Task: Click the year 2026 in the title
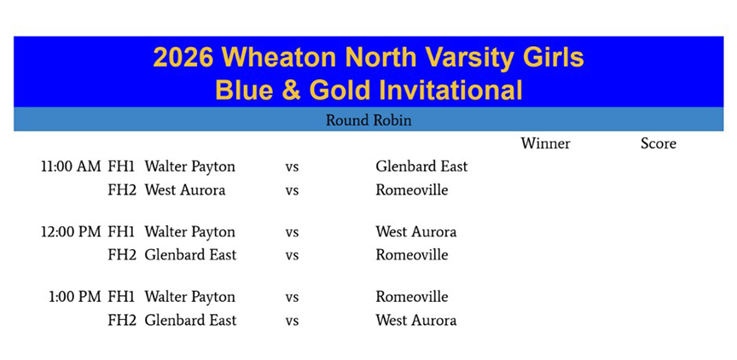point(183,57)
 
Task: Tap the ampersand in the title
point(291,90)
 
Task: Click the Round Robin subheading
point(368,120)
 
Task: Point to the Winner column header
point(545,143)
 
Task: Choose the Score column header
point(659,143)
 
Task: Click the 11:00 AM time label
point(71,166)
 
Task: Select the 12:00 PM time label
point(71,232)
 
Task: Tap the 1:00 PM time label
point(75,297)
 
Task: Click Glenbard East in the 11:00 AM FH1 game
point(421,166)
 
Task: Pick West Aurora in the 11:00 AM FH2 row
point(185,190)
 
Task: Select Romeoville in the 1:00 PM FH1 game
point(412,297)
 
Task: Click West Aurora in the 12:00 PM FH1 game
point(416,232)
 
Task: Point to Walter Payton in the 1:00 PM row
point(190,297)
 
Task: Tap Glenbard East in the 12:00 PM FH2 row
point(190,255)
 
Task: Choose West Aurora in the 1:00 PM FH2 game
point(416,321)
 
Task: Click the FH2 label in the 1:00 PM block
point(122,321)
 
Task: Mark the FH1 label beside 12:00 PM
point(122,232)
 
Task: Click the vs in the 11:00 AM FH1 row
point(292,167)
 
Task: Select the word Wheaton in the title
point(280,57)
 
